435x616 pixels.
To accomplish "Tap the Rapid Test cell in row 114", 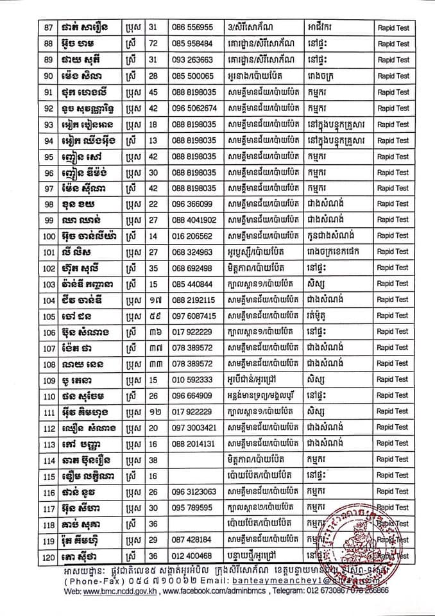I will tap(393, 459).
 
